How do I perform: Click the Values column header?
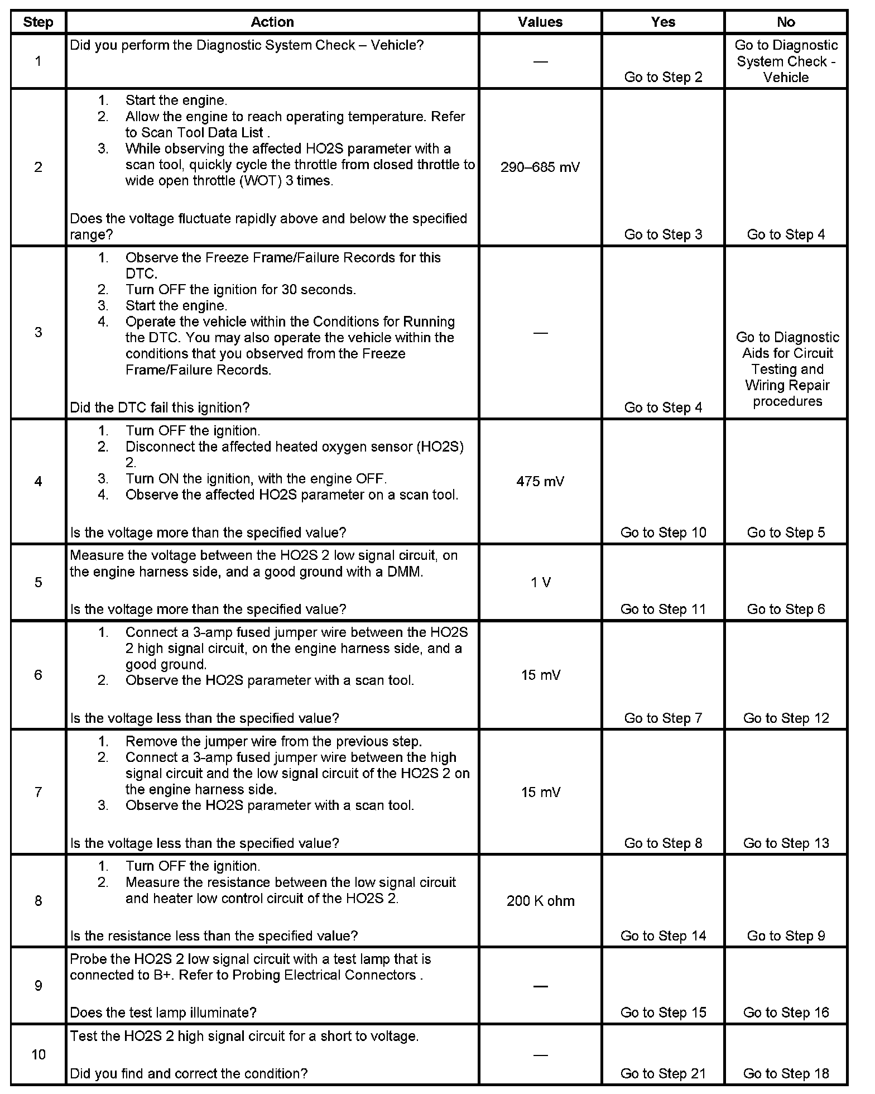(x=540, y=22)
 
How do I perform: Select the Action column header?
(x=272, y=22)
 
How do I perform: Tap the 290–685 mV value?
(x=540, y=167)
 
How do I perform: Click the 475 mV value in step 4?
(x=540, y=481)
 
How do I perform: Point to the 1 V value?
(x=540, y=582)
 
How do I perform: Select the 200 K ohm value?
(x=540, y=901)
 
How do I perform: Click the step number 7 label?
(x=38, y=792)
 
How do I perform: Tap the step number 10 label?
(x=38, y=1054)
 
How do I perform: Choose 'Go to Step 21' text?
(x=663, y=1073)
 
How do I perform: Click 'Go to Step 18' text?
(x=786, y=1073)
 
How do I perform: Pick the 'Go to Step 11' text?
(x=663, y=609)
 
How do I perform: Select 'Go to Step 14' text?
(x=663, y=935)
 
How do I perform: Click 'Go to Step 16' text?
(x=786, y=1013)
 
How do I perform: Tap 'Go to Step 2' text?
(x=663, y=77)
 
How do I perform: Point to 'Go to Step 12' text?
(x=786, y=718)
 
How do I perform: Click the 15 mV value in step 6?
(x=540, y=675)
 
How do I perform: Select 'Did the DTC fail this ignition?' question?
(x=160, y=407)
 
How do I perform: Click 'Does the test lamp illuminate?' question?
(x=163, y=1013)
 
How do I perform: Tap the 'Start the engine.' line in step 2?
(x=176, y=100)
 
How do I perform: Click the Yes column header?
(x=663, y=22)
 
